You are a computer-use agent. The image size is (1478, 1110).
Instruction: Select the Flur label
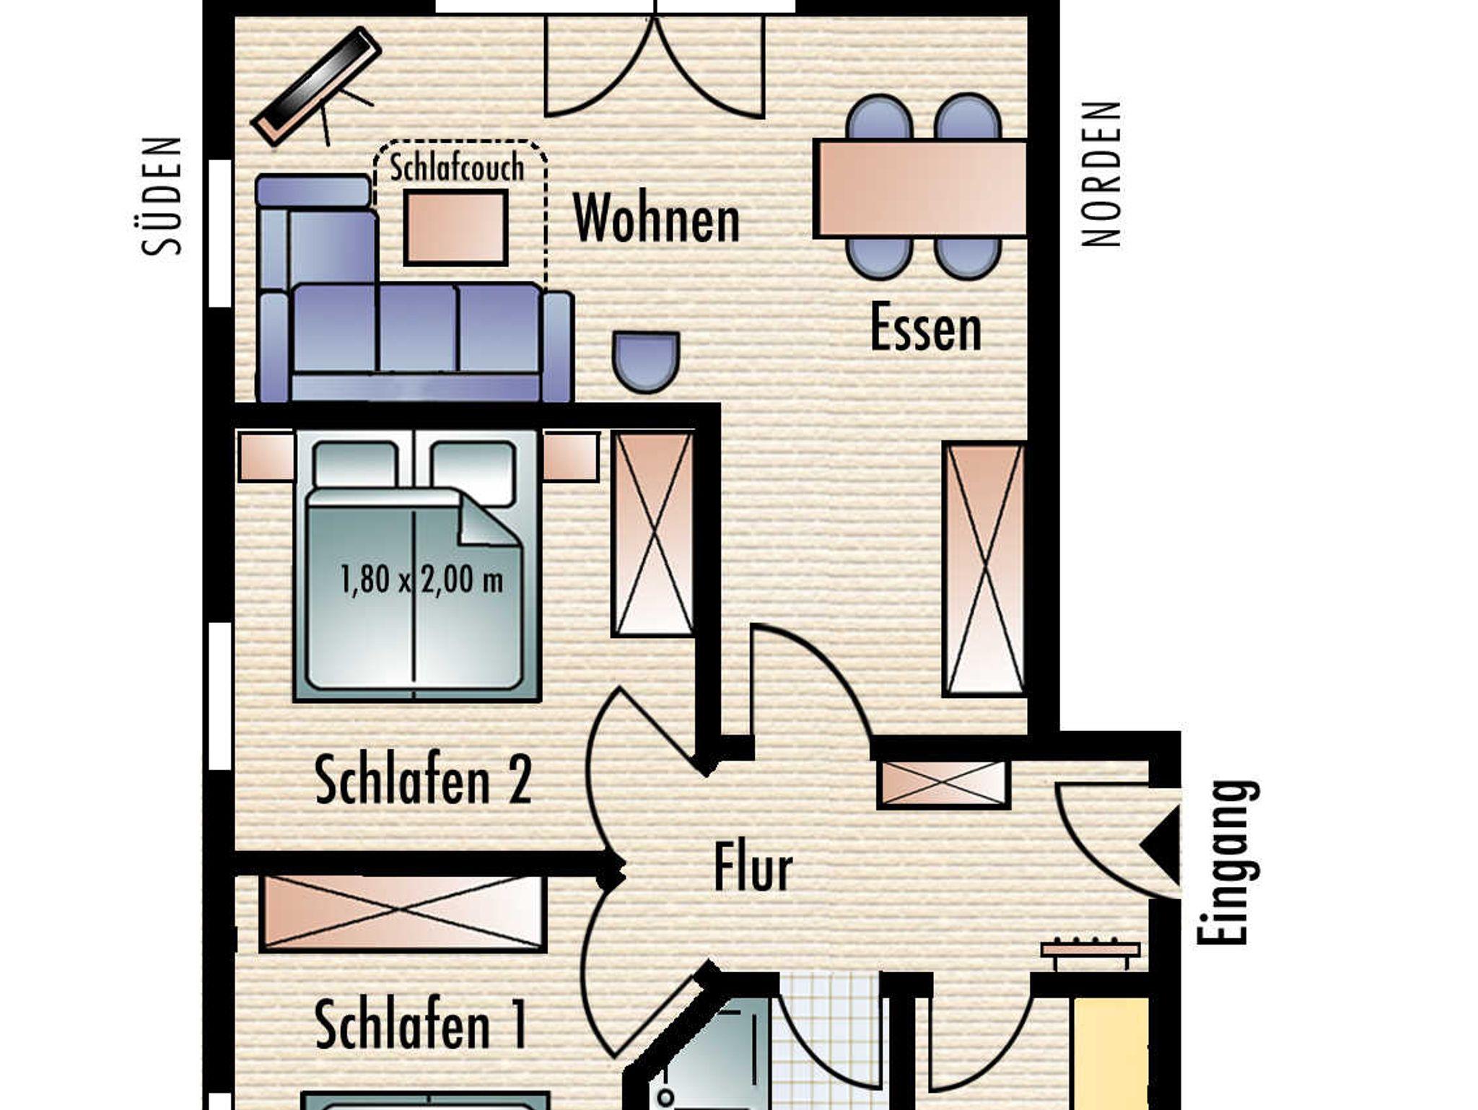[x=753, y=868]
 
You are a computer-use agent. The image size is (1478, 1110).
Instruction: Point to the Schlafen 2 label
[x=423, y=779]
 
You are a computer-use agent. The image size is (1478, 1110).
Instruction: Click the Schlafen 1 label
[x=421, y=1023]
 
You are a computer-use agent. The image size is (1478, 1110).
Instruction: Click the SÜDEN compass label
[x=162, y=196]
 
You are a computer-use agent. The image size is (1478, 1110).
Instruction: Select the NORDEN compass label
[x=1101, y=174]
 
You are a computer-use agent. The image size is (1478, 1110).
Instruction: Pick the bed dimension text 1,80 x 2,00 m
[x=421, y=580]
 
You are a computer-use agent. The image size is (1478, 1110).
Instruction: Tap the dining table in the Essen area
[x=920, y=188]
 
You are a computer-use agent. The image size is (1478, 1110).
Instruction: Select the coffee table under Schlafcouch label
[x=455, y=227]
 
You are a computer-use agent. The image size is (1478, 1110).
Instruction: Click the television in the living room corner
[x=315, y=87]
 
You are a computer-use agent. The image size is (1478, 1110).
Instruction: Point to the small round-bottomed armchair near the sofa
[x=646, y=362]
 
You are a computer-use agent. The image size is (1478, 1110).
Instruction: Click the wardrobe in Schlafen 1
[x=403, y=912]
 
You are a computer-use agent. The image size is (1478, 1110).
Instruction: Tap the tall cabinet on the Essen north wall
[x=984, y=569]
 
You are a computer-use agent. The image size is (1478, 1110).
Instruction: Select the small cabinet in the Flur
[x=943, y=784]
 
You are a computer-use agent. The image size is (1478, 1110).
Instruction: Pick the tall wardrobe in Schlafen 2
[x=653, y=534]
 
